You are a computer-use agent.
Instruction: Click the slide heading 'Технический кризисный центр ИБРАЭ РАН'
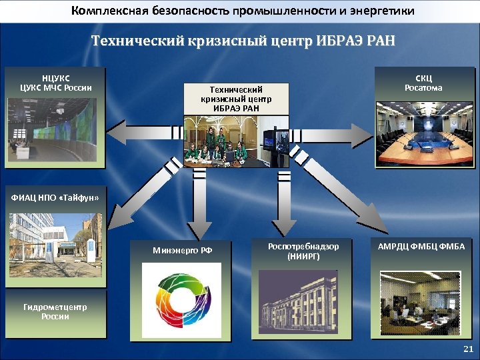tap(243, 41)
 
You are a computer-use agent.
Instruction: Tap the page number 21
tap(467, 349)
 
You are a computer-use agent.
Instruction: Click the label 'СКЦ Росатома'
tap(423, 83)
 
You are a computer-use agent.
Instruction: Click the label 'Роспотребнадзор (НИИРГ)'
tap(303, 251)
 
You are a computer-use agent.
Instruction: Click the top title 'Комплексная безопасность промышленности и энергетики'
tap(243, 11)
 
